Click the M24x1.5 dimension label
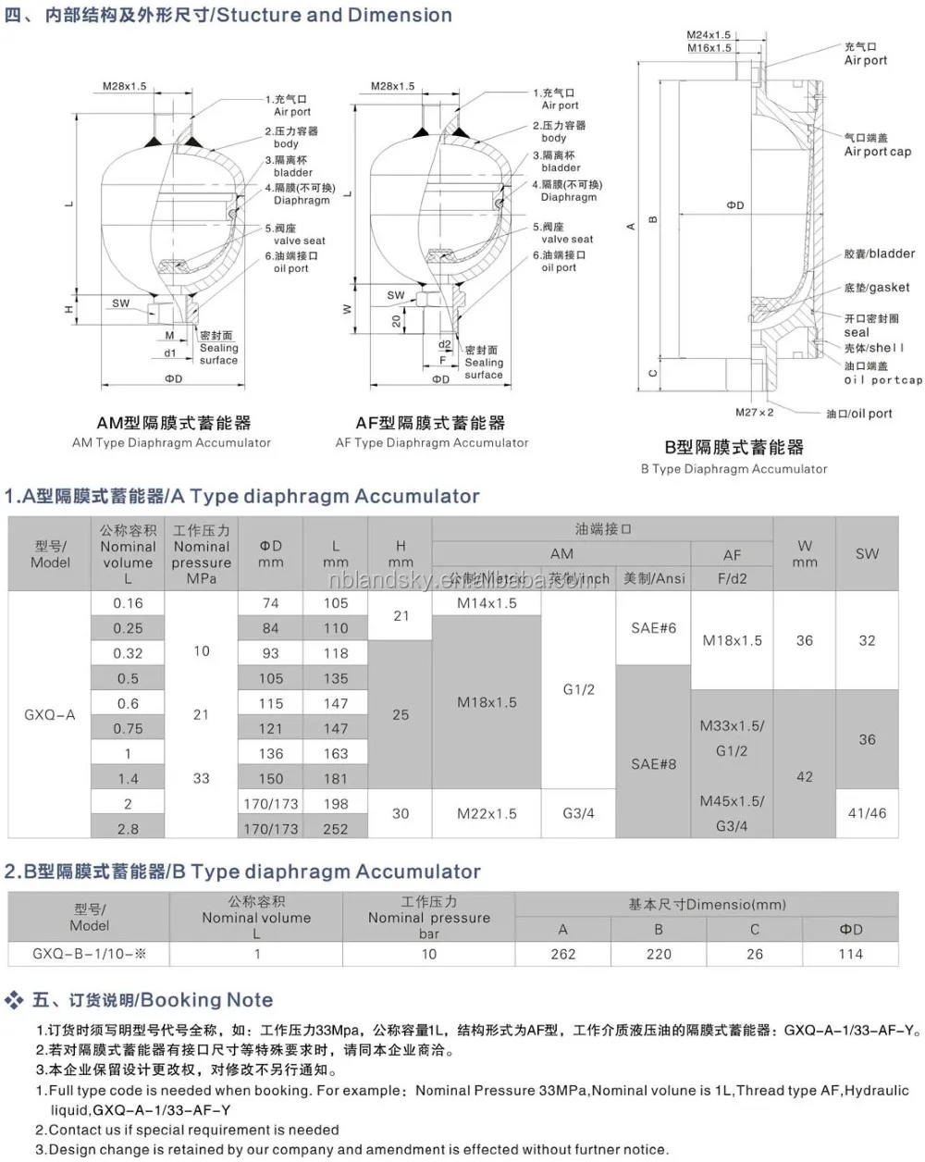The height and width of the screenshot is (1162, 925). click(709, 35)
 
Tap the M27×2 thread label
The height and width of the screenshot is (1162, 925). click(754, 413)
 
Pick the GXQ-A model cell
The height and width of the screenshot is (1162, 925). click(50, 715)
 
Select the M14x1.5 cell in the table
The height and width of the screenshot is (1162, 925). click(487, 603)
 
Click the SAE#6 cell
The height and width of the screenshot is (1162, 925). click(653, 628)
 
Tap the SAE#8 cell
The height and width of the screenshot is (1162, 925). click(653, 764)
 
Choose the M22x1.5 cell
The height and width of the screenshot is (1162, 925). click(487, 814)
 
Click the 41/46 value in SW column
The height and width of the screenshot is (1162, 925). click(867, 813)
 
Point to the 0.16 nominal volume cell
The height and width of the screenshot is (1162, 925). click(128, 603)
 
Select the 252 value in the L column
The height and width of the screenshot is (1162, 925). click(336, 829)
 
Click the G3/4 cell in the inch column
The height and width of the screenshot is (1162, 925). click(579, 814)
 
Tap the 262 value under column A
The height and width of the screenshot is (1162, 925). click(563, 954)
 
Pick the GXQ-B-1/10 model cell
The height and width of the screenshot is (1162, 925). click(89, 954)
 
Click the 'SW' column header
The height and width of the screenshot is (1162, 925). click(867, 554)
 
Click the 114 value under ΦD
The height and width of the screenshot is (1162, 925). click(850, 954)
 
